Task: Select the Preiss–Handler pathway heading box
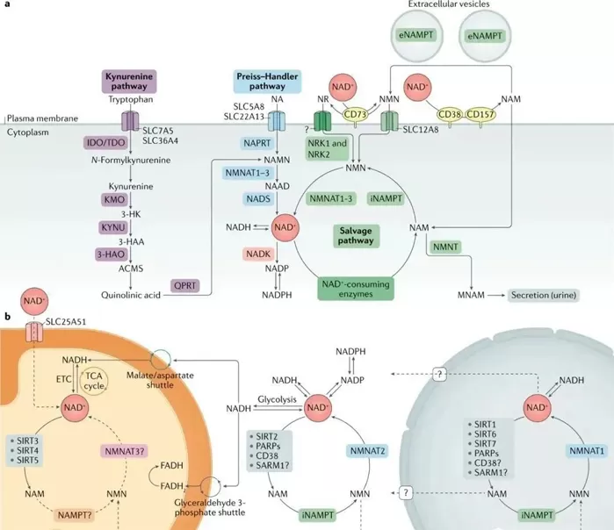pyautogui.click(x=268, y=82)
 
